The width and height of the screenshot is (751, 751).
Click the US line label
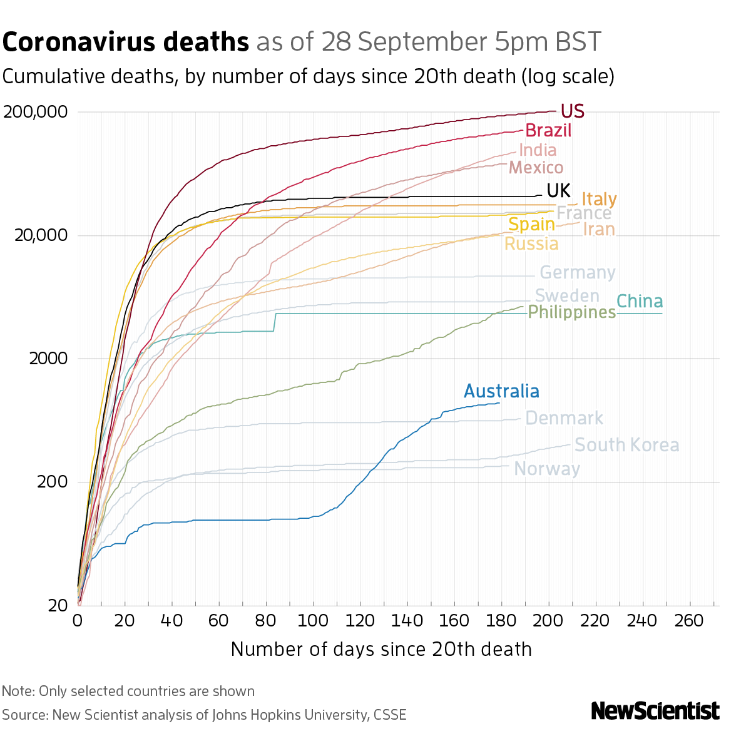572,111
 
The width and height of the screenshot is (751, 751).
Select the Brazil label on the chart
548,131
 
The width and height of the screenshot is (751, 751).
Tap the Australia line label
501,392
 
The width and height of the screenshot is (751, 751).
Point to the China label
640,302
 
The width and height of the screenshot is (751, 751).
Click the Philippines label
572,312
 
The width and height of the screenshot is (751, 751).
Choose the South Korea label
626,445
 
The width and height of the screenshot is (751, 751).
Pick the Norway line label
547,469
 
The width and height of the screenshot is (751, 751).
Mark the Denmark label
564,418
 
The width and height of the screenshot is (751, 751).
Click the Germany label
577,273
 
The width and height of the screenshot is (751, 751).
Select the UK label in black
558,190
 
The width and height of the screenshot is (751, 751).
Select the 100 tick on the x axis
313,620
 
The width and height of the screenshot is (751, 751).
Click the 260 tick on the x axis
690,620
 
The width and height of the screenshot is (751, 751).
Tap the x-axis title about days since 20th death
381,649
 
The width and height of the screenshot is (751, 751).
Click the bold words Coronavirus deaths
126,42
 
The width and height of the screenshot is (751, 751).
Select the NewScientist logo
655,711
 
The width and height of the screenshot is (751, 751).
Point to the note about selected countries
128,691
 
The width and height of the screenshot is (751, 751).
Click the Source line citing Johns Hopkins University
204,715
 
